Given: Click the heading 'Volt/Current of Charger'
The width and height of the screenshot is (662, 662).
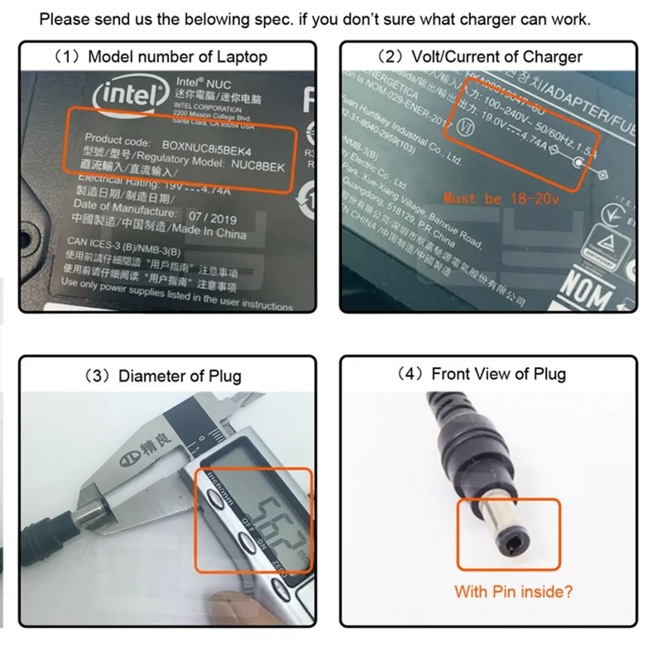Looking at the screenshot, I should pyautogui.click(x=480, y=57).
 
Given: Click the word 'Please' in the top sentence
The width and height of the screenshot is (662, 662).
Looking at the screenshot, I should pyautogui.click(x=65, y=19).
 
